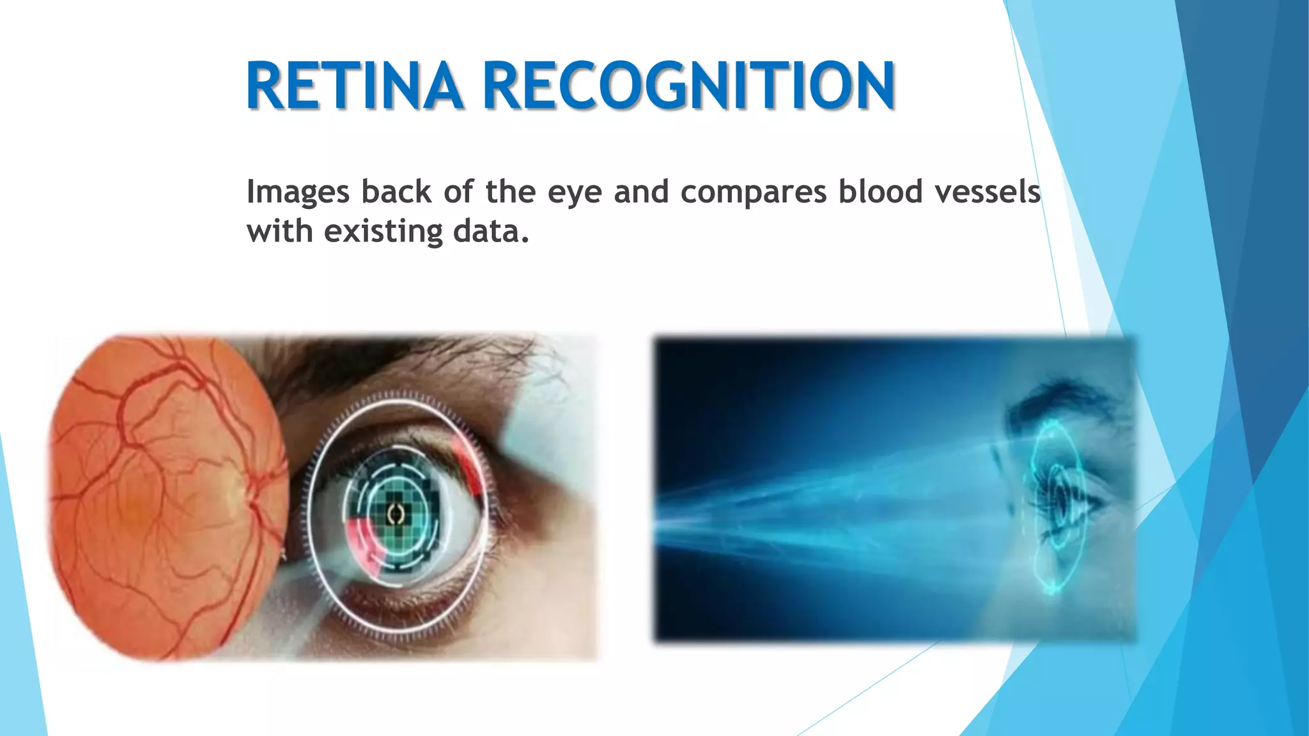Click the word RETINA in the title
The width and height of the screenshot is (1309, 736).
(x=354, y=86)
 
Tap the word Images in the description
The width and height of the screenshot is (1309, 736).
(x=298, y=192)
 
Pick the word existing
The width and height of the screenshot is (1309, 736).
(x=383, y=231)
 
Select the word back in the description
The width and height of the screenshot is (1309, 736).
(x=396, y=192)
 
